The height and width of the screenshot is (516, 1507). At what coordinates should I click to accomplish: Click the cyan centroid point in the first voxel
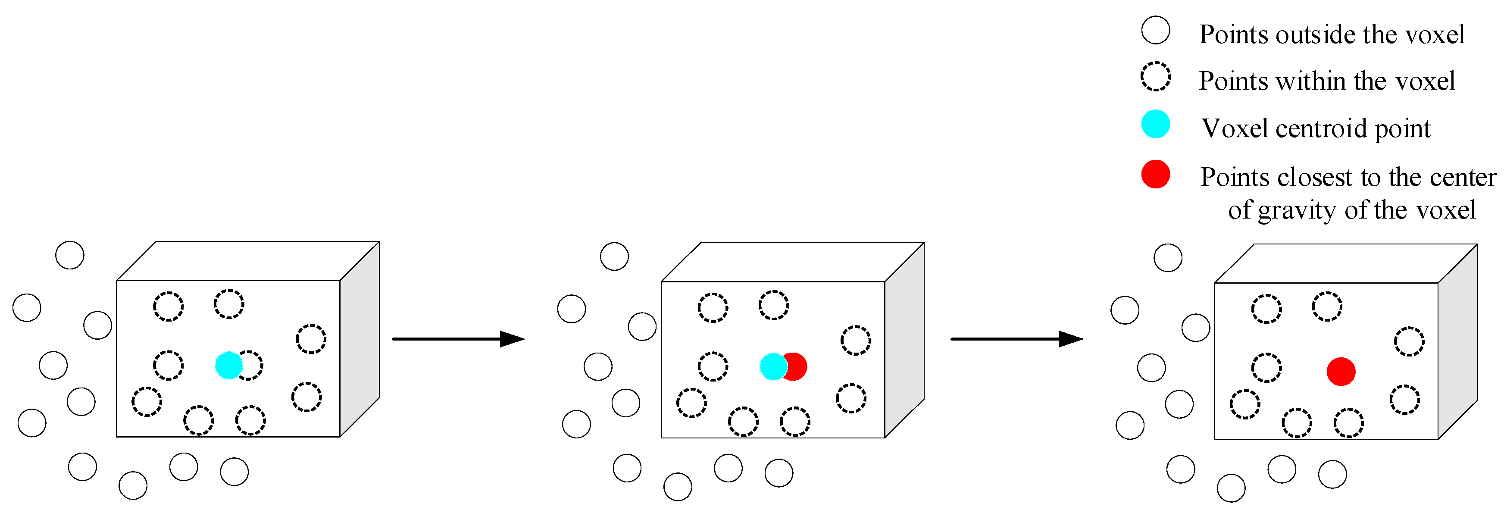point(229,366)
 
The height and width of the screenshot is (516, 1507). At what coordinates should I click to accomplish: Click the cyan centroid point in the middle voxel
point(773,367)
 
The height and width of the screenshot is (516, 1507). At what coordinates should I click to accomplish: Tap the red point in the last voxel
point(1341,372)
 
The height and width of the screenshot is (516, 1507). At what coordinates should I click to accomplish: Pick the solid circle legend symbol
point(1155,31)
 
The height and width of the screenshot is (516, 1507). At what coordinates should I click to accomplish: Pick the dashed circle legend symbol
point(1155,77)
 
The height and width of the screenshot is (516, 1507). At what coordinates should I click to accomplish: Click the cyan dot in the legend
point(1155,124)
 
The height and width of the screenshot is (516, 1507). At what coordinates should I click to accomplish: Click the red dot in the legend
point(1155,174)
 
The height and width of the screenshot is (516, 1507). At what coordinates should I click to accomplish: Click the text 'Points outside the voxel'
point(1332,34)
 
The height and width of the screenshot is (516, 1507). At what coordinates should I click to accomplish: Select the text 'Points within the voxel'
point(1327,81)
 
